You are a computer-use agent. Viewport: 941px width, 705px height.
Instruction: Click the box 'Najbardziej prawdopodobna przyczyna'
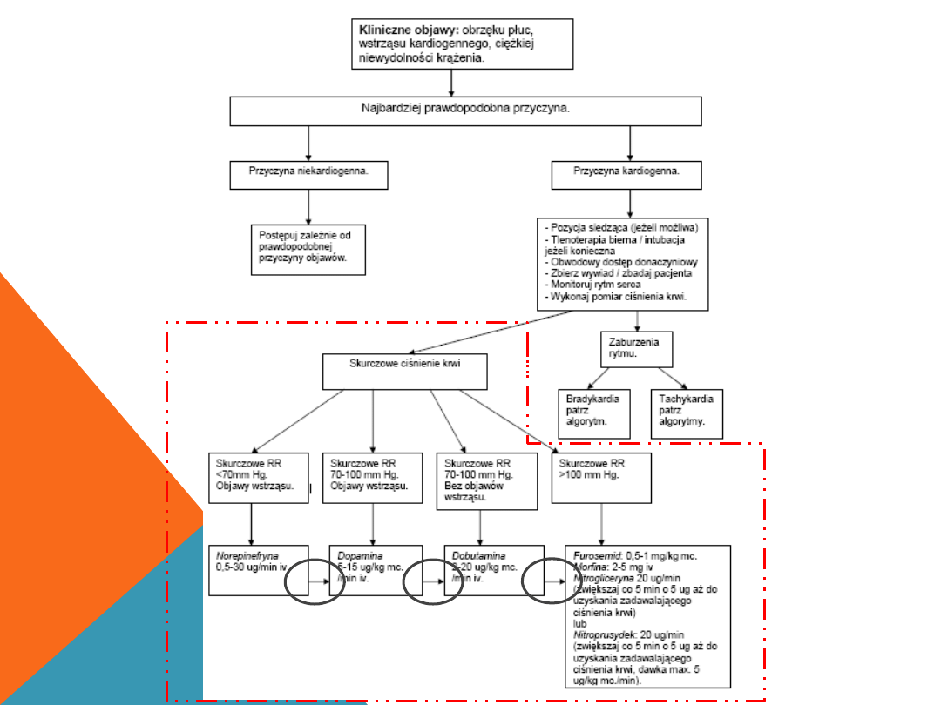point(465,111)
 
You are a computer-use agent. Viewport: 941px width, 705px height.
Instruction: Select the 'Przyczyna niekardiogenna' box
point(308,174)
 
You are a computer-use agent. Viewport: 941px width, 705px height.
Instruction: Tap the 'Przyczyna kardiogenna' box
point(627,174)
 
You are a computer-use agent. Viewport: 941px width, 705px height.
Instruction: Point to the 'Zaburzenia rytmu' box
point(634,348)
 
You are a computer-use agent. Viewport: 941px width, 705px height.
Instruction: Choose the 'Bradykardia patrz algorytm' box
point(593,413)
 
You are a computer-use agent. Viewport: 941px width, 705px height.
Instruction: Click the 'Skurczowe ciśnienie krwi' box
point(404,371)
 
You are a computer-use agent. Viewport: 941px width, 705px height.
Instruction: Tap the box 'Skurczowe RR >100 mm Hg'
point(601,477)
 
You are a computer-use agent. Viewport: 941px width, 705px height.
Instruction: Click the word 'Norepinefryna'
point(246,554)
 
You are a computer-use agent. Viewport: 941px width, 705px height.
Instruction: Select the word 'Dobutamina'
point(478,554)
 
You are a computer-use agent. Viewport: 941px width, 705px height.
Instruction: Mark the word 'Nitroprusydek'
point(602,635)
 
